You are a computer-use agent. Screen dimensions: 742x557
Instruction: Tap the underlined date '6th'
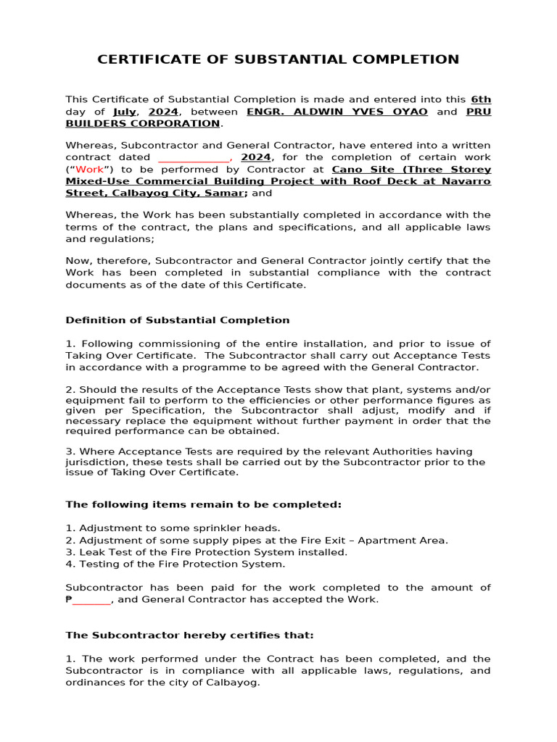coord(481,99)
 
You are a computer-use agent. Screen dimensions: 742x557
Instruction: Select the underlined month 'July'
coord(125,112)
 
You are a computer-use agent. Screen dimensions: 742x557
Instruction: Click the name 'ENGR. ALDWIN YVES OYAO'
coord(337,112)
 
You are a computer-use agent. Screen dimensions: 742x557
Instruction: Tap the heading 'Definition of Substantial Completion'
coord(178,320)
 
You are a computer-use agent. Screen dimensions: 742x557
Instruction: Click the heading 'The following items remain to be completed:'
coord(203,504)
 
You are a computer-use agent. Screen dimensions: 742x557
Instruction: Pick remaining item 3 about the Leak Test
coord(206,552)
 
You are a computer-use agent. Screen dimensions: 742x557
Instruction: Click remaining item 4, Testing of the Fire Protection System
coord(175,564)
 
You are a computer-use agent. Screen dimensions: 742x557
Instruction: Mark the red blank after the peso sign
coord(91,600)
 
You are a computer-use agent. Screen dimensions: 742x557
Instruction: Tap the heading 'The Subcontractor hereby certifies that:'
coord(190,635)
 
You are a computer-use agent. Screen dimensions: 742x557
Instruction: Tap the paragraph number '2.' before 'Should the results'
coord(70,389)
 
